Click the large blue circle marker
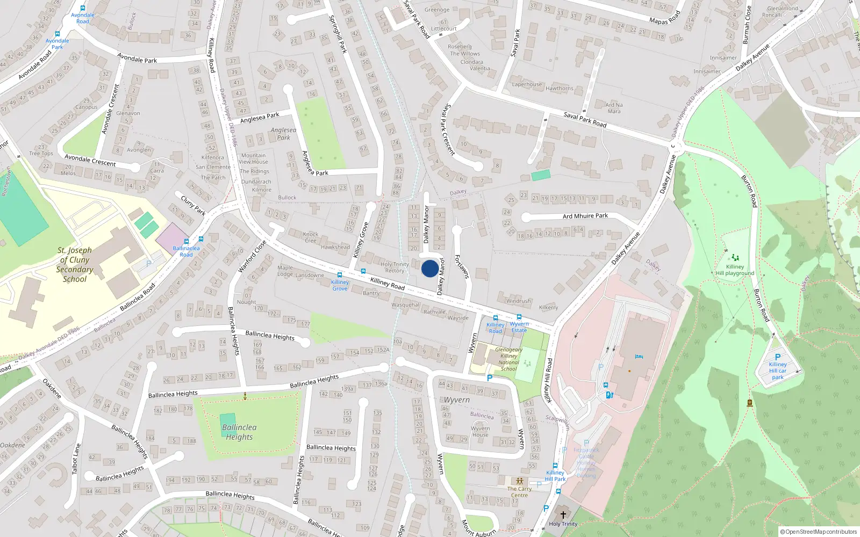429,268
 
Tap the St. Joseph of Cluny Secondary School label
75,265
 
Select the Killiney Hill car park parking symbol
777,357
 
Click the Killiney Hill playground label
735,270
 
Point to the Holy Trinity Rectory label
395,267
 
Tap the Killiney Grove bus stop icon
339,275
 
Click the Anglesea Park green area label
283,134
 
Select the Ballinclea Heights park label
239,432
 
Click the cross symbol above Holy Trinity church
563,515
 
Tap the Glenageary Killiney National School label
508,359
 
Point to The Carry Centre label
519,492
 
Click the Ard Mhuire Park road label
585,216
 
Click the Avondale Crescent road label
90,160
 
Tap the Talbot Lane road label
76,459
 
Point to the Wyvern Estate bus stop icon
519,317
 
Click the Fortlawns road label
461,266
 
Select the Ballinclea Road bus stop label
186,251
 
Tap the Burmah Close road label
746,25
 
